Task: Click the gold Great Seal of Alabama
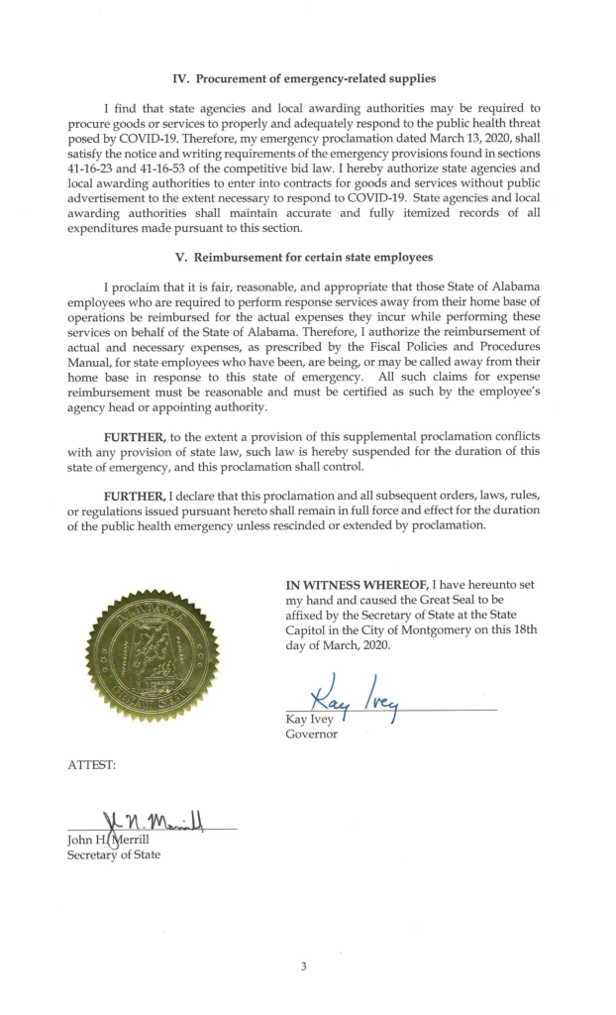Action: pyautogui.click(x=153, y=655)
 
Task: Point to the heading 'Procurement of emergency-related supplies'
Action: pyautogui.click(x=317, y=78)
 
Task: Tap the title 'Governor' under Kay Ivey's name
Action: pyautogui.click(x=311, y=734)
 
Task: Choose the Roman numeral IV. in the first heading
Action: pyautogui.click(x=181, y=78)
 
